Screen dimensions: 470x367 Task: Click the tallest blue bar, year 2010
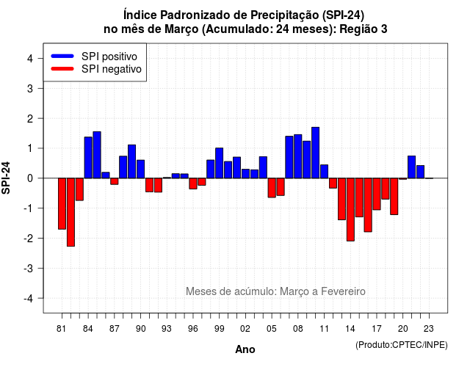click(x=315, y=153)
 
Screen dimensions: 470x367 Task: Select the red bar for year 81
click(x=62, y=204)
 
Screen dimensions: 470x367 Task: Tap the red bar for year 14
click(x=350, y=209)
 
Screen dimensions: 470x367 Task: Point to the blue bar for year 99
click(x=219, y=163)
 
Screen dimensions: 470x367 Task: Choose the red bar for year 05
click(x=272, y=188)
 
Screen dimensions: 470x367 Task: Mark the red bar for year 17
click(x=377, y=194)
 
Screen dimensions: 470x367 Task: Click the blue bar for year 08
click(x=298, y=156)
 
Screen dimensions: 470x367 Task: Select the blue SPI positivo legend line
click(x=62, y=56)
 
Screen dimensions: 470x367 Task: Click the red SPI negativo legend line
click(x=62, y=69)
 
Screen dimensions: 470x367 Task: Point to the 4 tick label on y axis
click(x=30, y=59)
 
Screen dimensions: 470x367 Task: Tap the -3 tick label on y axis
click(x=29, y=268)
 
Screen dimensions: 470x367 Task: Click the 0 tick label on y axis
click(x=30, y=178)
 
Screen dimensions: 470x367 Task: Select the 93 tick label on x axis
click(x=167, y=329)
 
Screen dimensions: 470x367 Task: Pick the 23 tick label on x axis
click(x=429, y=329)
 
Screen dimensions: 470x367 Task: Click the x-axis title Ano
click(x=245, y=349)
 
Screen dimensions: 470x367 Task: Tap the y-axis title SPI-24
click(x=6, y=178)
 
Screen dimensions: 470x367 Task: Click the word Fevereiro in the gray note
click(x=343, y=291)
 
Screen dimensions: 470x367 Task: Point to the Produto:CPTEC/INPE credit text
click(x=402, y=345)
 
